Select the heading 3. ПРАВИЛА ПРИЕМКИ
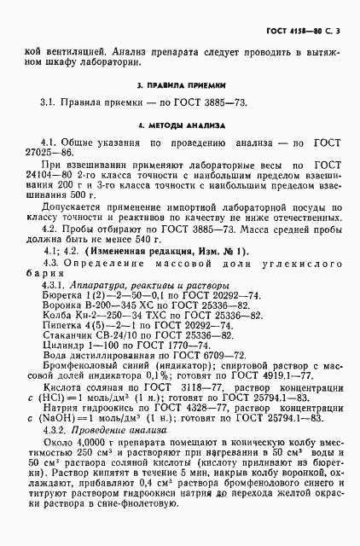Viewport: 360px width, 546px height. tap(181, 86)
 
